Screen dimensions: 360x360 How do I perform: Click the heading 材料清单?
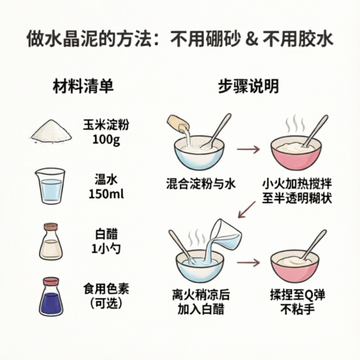pyautogui.click(x=83, y=86)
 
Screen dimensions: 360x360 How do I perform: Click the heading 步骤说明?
pyautogui.click(x=248, y=86)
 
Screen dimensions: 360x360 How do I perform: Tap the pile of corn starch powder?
pyautogui.click(x=51, y=131)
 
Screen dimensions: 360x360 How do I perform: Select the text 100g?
pyautogui.click(x=106, y=140)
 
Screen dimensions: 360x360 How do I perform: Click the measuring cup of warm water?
pyautogui.click(x=50, y=186)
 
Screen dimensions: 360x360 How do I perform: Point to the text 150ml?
pyautogui.click(x=106, y=194)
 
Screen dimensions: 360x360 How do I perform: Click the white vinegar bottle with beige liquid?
pyautogui.click(x=51, y=242)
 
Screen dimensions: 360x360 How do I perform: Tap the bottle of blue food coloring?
pyautogui.click(x=51, y=297)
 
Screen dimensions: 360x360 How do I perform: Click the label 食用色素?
pyautogui.click(x=106, y=289)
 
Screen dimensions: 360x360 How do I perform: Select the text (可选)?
pyautogui.click(x=106, y=304)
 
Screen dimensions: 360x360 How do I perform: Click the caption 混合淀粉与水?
pyautogui.click(x=201, y=184)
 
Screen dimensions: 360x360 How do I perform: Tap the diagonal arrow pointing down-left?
pyautogui.click(x=247, y=210)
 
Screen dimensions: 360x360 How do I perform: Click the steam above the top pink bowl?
pyautogui.click(x=295, y=124)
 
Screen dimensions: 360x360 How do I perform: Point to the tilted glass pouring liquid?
pyautogui.click(x=226, y=235)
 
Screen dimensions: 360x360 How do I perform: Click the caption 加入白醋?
pyautogui.click(x=201, y=309)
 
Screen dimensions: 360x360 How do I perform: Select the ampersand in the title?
pyautogui.click(x=252, y=39)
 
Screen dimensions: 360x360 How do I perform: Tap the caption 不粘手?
pyautogui.click(x=297, y=309)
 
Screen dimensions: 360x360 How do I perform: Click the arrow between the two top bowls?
pyautogui.click(x=248, y=149)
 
